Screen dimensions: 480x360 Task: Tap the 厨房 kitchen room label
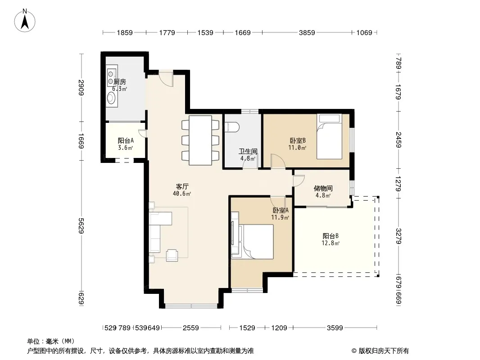(120, 82)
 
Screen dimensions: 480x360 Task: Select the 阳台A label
(126, 141)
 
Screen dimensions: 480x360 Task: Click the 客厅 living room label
(182, 187)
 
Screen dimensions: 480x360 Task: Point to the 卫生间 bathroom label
(248, 151)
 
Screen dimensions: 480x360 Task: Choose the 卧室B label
(298, 141)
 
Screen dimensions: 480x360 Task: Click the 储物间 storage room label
(323, 189)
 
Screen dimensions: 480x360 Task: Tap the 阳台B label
(331, 236)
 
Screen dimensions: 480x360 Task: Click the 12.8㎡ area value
(331, 243)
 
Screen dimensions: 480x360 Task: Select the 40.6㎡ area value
(182, 194)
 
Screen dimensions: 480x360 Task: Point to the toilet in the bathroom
(231, 127)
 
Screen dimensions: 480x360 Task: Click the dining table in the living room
(200, 140)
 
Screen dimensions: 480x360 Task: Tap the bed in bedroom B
(329, 136)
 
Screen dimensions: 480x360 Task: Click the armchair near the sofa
(172, 255)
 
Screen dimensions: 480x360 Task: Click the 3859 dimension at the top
(307, 33)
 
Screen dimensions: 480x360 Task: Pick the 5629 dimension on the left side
(81, 226)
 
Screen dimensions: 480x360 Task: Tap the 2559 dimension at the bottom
(191, 328)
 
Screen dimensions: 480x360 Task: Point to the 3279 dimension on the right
(398, 236)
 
